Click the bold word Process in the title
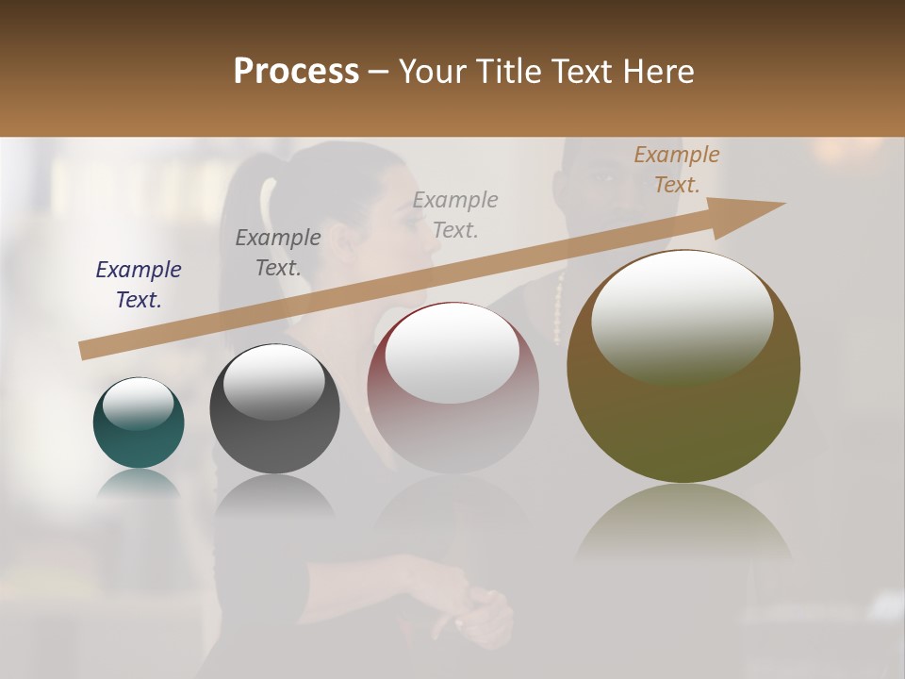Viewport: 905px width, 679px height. [296, 71]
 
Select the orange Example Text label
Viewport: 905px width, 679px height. [677, 170]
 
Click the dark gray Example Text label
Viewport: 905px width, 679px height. [278, 253]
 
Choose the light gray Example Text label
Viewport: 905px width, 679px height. [455, 214]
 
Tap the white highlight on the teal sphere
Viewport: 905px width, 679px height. [138, 404]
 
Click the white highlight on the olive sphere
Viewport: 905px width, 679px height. [683, 311]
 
